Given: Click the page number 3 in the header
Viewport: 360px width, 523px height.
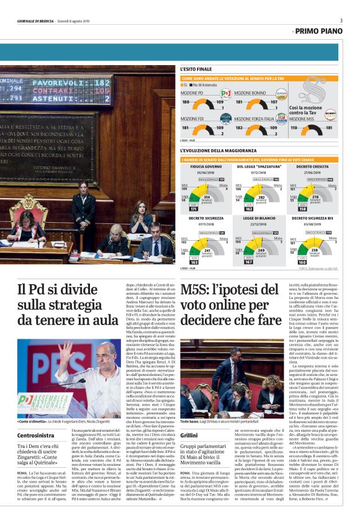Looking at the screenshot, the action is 341,20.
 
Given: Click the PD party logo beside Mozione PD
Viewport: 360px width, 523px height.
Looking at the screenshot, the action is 225,94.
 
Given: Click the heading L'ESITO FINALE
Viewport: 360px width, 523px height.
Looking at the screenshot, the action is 196,69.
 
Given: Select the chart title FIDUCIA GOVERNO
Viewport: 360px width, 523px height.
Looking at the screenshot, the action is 202,167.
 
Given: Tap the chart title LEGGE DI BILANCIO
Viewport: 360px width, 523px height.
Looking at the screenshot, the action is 257,218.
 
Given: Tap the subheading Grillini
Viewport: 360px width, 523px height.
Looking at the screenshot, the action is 189,436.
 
